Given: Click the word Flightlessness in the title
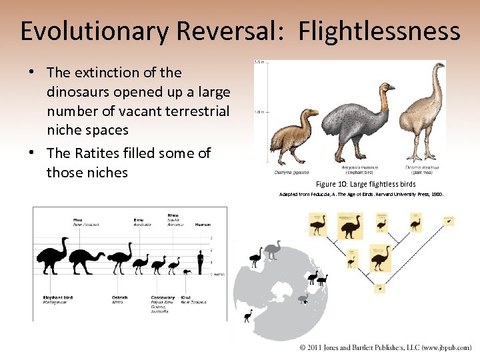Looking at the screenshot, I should click(379, 31).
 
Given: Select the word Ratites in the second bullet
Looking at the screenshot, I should click(100, 153).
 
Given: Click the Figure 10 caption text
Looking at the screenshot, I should click(365, 184).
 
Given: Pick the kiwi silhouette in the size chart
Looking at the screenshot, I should click(187, 270).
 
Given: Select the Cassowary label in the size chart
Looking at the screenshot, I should click(162, 298).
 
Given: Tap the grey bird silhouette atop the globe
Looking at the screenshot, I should click(272, 250).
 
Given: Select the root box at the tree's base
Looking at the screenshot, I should click(380, 289).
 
